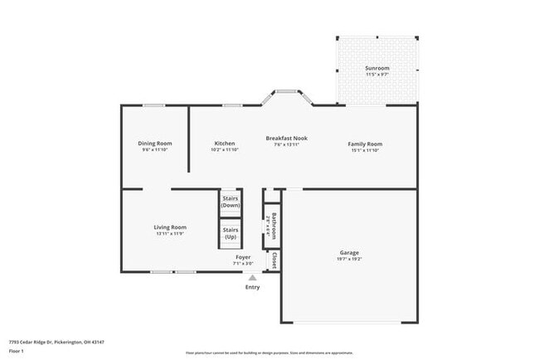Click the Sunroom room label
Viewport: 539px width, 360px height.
point(377,68)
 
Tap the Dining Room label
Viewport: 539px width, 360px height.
point(154,144)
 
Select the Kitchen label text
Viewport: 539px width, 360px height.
point(225,144)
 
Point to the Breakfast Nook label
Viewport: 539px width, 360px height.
point(287,138)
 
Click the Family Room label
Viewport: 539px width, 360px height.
point(365,144)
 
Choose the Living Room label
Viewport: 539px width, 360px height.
point(170,227)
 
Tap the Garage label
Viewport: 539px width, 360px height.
point(349,252)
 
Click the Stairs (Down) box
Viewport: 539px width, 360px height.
point(231,202)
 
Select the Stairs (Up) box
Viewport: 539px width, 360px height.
point(231,232)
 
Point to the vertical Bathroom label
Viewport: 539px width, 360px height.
point(272,226)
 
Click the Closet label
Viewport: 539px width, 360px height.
point(272,260)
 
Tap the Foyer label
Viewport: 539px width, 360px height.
point(243,257)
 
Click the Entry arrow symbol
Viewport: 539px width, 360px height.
point(253,277)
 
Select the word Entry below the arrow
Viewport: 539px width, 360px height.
point(253,287)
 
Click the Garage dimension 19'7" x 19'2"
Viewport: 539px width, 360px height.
point(349,260)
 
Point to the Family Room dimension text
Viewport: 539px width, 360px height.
point(365,150)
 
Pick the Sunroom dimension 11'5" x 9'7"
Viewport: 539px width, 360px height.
point(377,75)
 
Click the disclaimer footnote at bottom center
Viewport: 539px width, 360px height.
point(269,353)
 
